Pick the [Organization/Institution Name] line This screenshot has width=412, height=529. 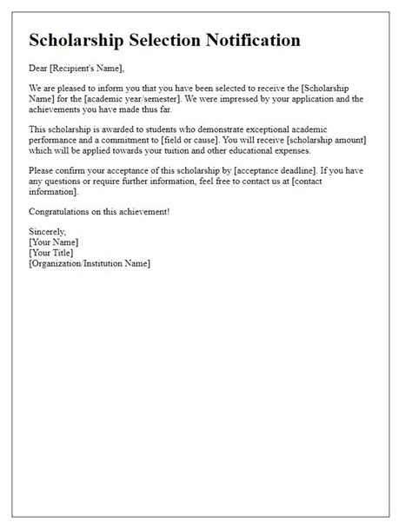[89, 263]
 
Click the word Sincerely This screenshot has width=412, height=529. [48, 232]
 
